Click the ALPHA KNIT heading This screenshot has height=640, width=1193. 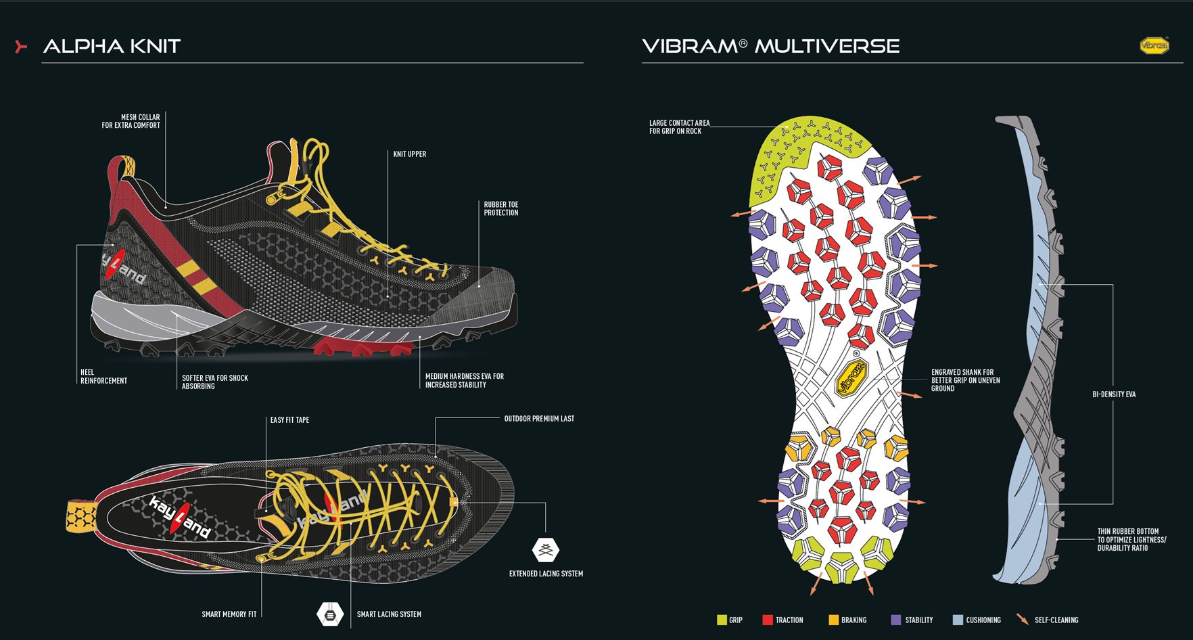[112, 46]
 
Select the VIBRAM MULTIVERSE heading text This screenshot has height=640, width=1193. [770, 46]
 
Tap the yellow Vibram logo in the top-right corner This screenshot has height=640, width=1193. [1154, 45]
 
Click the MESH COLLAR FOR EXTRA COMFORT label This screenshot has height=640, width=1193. [131, 121]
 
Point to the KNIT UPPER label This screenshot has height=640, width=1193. [410, 154]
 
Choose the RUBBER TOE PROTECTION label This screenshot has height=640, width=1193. [501, 208]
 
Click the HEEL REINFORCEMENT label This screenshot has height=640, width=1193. [103, 376]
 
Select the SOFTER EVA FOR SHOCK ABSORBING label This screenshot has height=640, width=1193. [215, 382]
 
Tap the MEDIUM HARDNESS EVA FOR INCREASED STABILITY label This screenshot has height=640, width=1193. [465, 380]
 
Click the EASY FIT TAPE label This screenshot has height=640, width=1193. [289, 420]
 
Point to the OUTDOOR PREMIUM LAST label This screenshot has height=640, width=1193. [539, 419]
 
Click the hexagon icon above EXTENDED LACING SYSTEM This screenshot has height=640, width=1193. [546, 549]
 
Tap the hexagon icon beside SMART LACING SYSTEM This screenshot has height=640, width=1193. [330, 614]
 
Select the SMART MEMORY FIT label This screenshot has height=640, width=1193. [229, 614]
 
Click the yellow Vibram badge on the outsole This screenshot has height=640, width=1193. [851, 378]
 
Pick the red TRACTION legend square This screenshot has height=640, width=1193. [767, 620]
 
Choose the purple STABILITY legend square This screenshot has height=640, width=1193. [896, 620]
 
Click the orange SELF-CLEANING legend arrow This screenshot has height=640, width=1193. [1023, 619]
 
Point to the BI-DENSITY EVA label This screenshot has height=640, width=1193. [1114, 394]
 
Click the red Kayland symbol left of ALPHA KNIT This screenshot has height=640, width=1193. [21, 46]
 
